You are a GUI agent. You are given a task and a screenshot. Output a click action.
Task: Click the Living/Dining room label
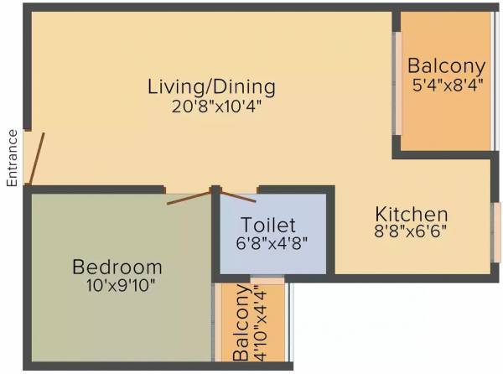[211, 86]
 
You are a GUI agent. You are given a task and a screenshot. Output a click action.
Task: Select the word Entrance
[13, 157]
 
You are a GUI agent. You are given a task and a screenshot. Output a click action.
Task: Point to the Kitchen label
[411, 214]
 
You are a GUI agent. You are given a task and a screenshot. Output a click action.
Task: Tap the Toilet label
[268, 225]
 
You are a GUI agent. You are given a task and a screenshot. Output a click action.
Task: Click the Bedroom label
[117, 268]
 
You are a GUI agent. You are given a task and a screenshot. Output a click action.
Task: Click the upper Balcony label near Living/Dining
[446, 66]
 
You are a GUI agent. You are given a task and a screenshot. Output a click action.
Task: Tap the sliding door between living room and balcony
[398, 84]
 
